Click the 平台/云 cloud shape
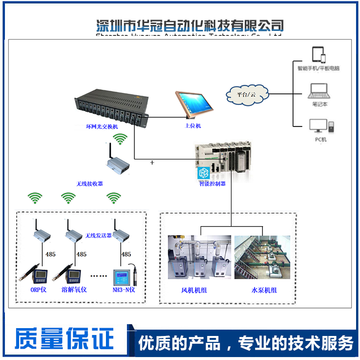click(247, 92)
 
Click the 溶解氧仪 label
click(74, 290)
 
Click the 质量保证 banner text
click(64, 340)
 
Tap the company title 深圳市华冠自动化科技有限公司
click(190, 25)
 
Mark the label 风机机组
click(194, 290)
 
